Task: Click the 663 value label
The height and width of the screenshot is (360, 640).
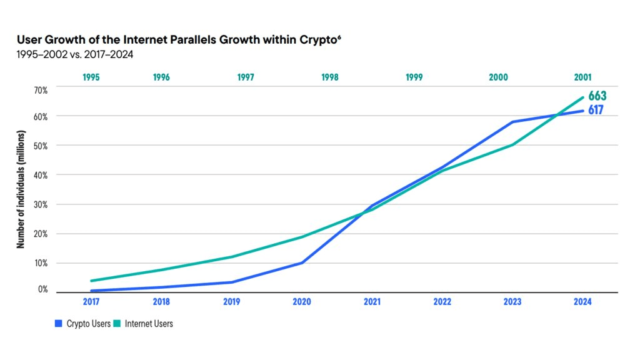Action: coord(597,96)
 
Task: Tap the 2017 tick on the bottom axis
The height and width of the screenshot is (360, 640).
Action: coord(91,301)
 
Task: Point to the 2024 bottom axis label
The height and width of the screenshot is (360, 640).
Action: coord(582,301)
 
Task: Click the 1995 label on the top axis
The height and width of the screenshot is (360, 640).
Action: coord(91,77)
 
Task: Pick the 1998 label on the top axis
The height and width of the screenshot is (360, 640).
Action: coord(330,77)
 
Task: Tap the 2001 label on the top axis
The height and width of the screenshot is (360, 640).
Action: coord(583,77)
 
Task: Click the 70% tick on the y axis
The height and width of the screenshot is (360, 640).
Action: coord(41,90)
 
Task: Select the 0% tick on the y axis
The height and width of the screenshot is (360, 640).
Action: coord(42,289)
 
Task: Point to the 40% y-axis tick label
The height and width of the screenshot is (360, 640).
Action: coord(41,175)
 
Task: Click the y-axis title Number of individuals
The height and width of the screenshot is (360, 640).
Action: coord(21,190)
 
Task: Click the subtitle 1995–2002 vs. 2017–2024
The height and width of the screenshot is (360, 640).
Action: coord(75,54)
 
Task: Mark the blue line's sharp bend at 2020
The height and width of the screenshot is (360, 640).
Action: coord(302,262)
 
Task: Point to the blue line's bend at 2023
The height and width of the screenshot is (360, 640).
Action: coord(512,122)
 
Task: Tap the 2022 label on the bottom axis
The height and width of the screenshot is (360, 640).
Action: coord(442,301)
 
